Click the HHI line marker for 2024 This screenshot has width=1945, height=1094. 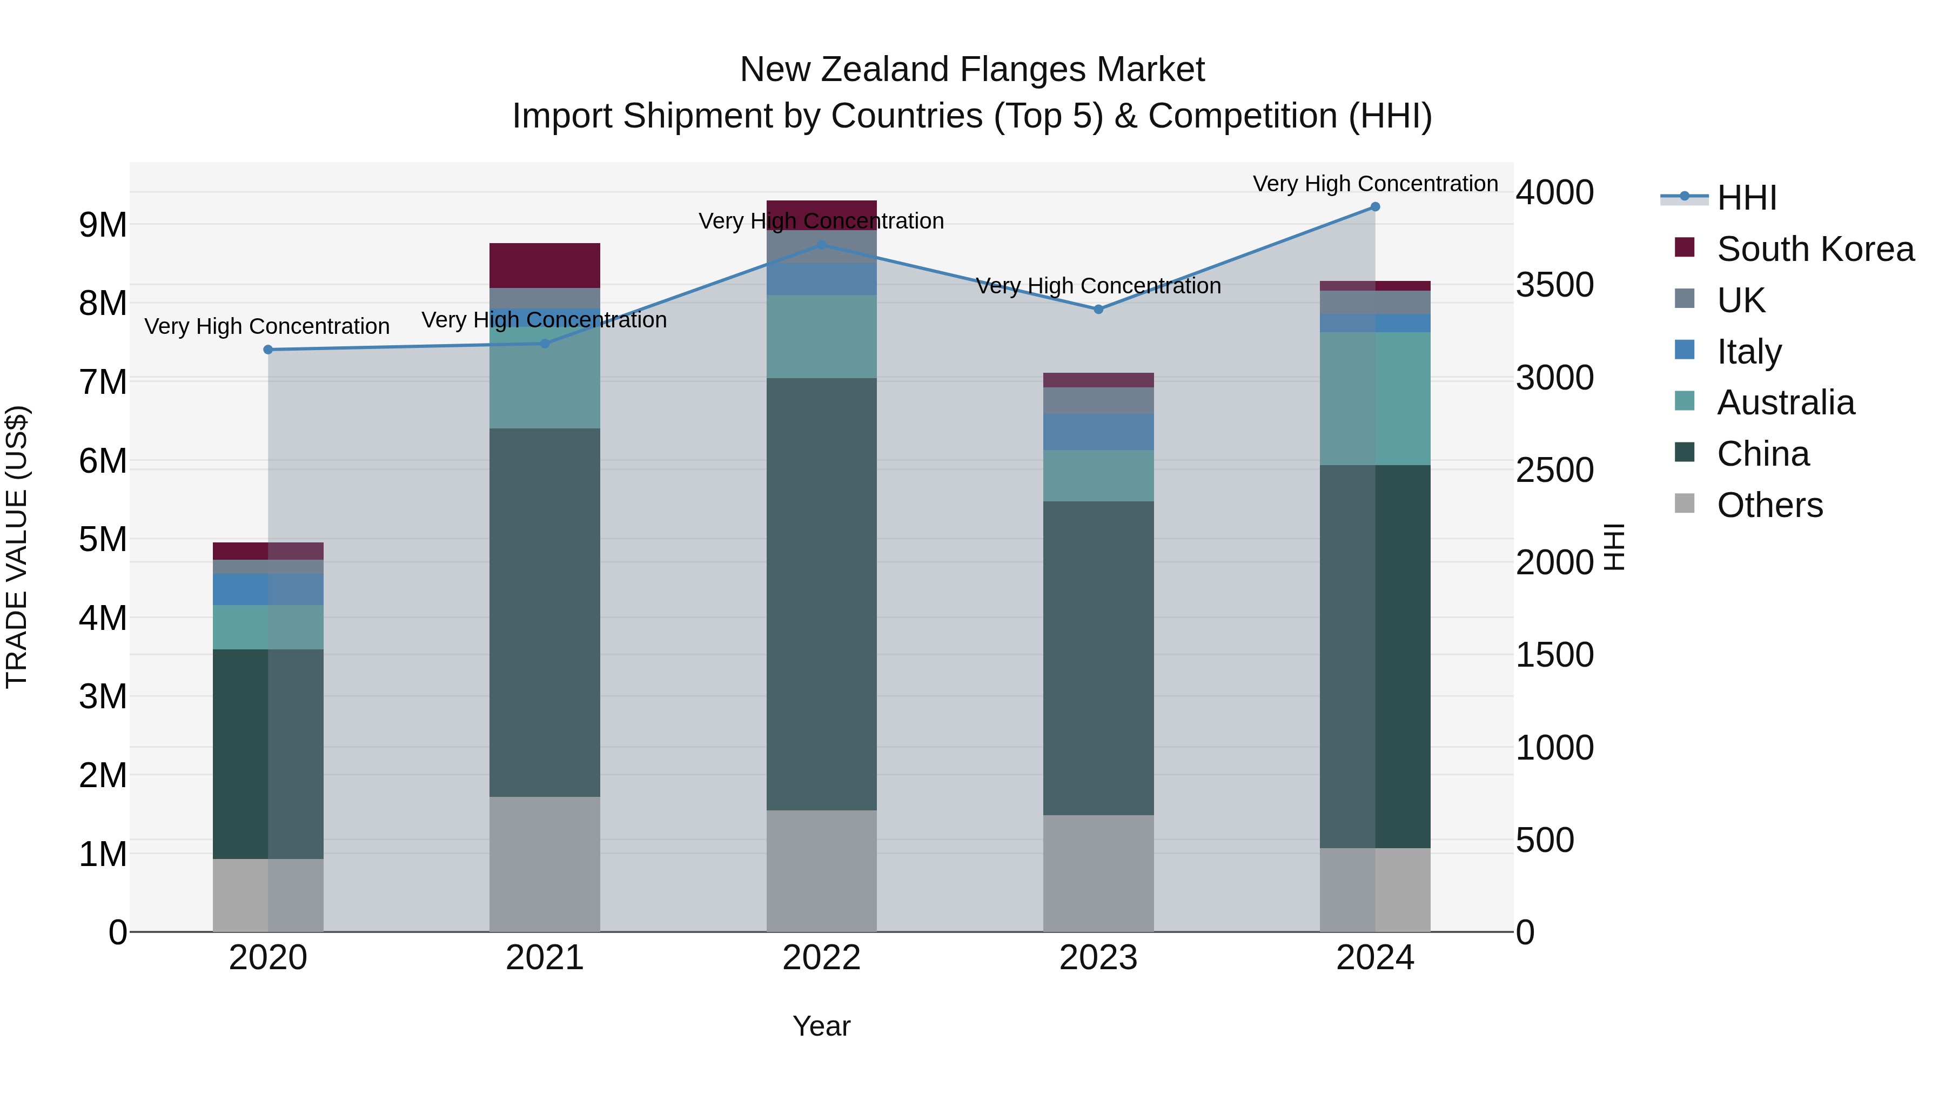point(1375,207)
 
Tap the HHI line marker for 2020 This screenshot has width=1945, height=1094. point(268,350)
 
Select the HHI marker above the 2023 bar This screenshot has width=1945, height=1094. point(1098,310)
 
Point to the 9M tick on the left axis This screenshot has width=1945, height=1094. point(103,225)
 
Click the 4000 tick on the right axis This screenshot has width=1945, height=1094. point(1554,192)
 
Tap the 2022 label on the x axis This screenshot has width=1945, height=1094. point(821,958)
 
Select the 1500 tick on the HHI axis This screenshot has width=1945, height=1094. point(1554,655)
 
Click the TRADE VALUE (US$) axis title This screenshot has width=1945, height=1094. point(17,547)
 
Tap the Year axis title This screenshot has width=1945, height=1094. point(821,1026)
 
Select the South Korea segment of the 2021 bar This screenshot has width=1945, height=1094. point(545,265)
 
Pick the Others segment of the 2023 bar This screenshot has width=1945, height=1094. point(1098,873)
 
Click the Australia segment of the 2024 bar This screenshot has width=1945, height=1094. point(1375,399)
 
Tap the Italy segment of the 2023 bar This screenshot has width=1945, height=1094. point(1098,432)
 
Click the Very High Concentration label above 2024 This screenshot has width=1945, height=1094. point(1375,184)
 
